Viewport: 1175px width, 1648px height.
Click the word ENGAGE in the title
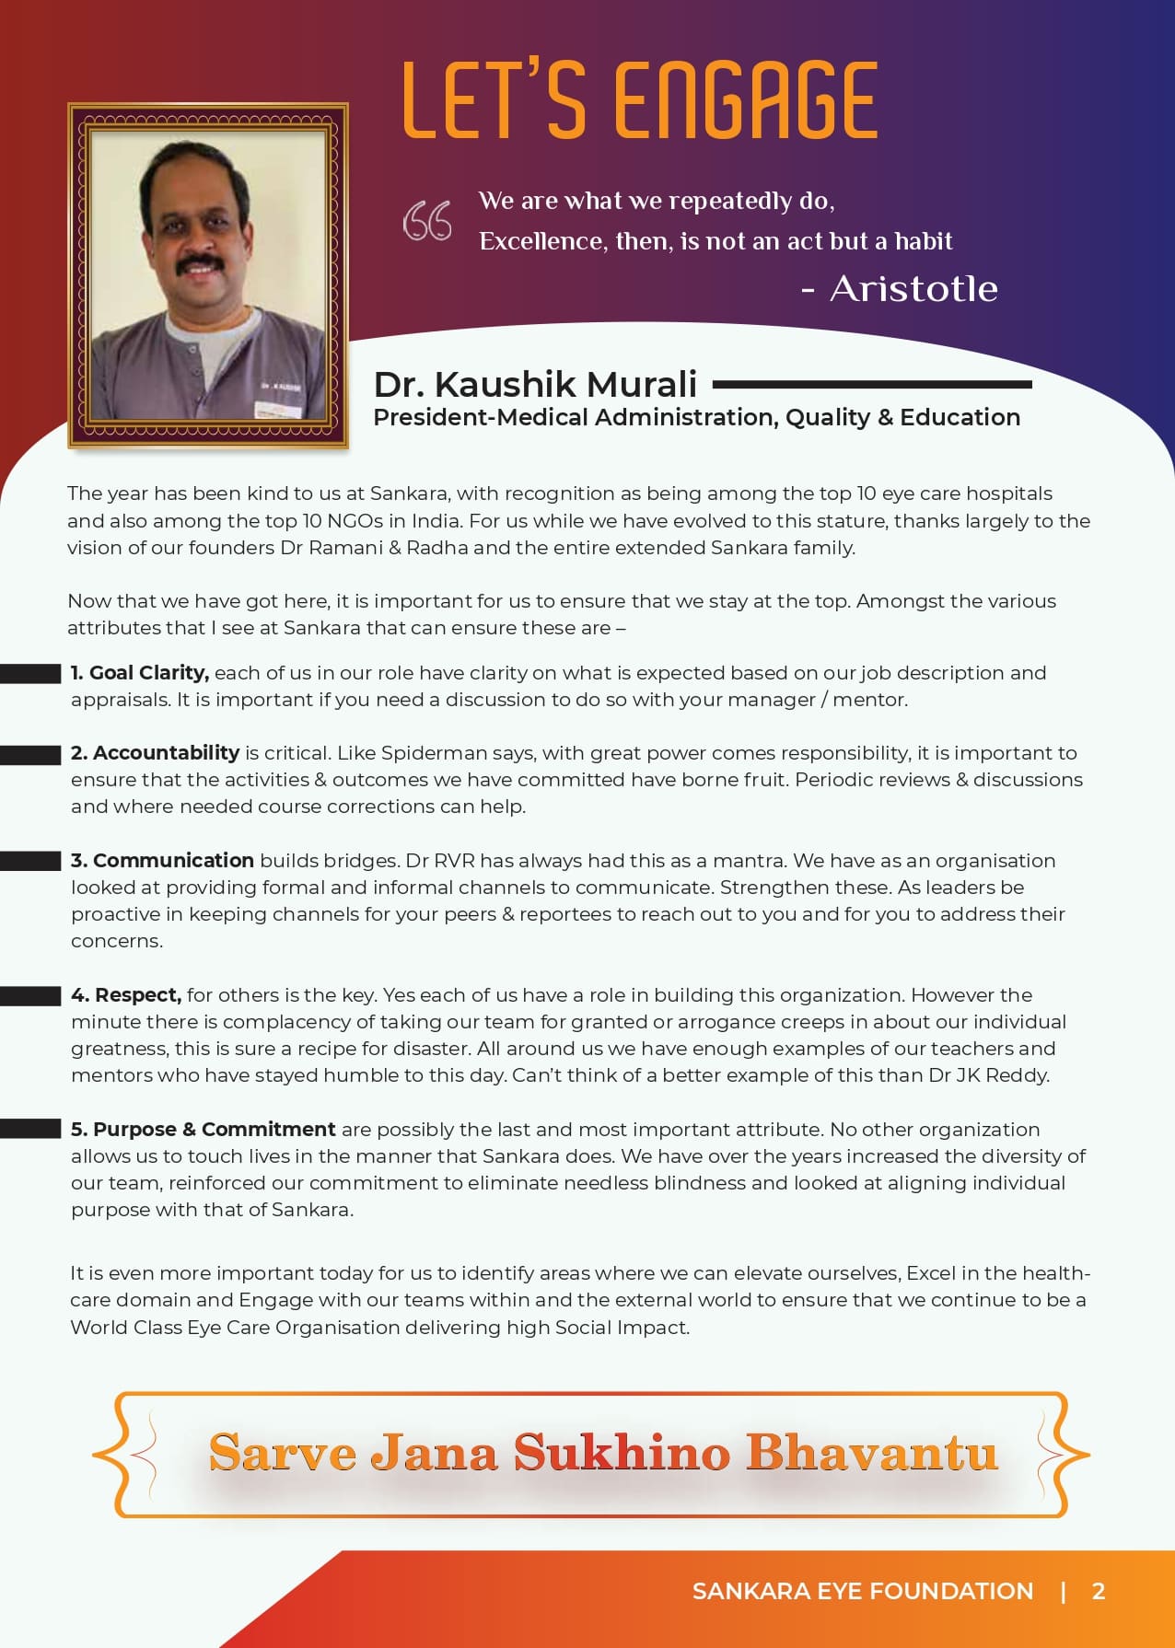745,101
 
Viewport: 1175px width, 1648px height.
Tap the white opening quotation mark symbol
427,221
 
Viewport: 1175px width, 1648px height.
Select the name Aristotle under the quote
913,289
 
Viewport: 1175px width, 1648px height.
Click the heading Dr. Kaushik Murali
535,384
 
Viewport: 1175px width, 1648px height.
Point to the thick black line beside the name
871,384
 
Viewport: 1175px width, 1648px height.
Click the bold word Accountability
166,753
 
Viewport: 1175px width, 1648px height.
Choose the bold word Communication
173,861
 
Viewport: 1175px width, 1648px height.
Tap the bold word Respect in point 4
137,995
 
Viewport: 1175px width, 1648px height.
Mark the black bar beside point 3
30,861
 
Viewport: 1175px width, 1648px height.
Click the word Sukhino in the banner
622,1453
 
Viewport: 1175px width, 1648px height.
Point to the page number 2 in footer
1098,1591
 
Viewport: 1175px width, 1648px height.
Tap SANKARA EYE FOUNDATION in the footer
862,1591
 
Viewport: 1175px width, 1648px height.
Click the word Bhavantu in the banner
871,1453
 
